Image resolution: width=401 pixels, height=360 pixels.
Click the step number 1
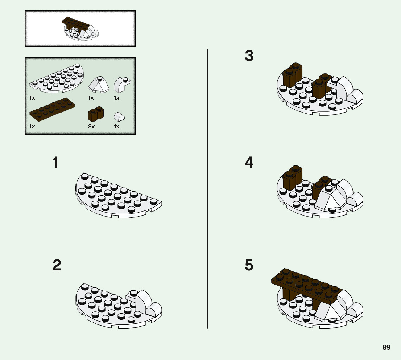[55, 162]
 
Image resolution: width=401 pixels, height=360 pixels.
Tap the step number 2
[57, 265]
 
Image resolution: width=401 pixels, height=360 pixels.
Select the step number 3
[249, 56]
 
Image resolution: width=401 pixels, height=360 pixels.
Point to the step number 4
[249, 162]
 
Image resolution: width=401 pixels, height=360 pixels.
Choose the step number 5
[249, 265]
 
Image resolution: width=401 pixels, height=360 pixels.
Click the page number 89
[386, 347]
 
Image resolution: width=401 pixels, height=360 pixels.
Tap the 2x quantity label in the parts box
[91, 127]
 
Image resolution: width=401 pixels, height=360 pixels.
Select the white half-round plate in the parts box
[57, 78]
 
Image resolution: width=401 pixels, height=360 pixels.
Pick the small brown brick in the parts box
[96, 114]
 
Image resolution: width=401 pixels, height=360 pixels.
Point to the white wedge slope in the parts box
[99, 85]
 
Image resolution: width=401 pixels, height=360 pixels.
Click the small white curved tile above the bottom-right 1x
[119, 117]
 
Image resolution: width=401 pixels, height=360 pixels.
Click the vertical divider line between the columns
[207, 189]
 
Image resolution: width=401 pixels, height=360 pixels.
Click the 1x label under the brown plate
[32, 127]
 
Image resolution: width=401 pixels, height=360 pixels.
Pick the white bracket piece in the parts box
[122, 85]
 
